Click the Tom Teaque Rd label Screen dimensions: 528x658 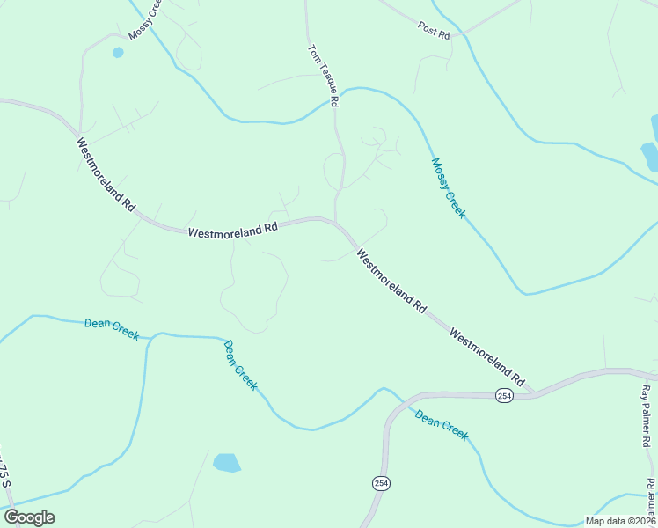pos(323,76)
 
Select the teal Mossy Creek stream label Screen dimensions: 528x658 pos(448,187)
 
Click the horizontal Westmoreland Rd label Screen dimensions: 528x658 pos(232,230)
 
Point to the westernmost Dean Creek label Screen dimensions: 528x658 pos(112,328)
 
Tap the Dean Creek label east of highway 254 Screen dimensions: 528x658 pos(442,424)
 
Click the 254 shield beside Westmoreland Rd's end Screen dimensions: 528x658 pos(503,396)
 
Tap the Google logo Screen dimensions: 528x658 pos(29,517)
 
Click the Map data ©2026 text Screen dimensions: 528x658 pos(619,521)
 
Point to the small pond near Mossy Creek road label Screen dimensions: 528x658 pos(118,53)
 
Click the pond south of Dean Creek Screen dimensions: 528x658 pos(227,463)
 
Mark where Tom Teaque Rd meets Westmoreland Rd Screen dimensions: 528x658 pos(335,221)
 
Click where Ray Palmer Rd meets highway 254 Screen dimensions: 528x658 pos(640,372)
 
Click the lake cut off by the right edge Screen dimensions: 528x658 pos(651,155)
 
